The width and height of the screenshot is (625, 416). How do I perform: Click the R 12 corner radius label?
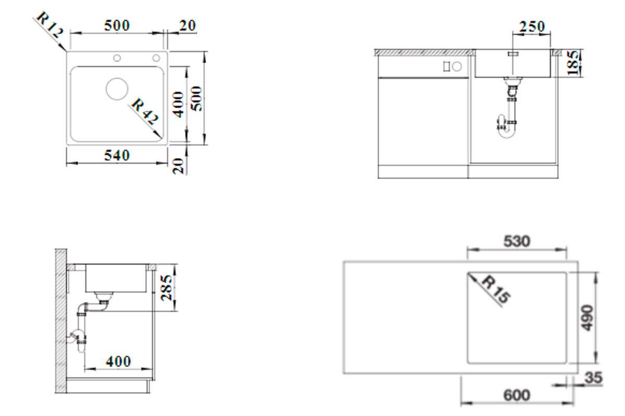50,25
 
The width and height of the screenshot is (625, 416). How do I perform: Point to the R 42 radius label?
145,111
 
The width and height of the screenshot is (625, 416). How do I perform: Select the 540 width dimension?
117,155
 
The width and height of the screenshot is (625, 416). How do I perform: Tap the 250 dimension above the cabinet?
532,27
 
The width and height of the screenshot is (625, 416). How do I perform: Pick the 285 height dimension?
167,288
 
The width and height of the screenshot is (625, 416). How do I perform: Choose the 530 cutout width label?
517,241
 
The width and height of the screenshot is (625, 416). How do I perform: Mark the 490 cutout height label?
587,318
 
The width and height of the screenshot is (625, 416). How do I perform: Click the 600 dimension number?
517,395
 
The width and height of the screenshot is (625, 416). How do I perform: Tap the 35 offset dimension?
593,378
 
